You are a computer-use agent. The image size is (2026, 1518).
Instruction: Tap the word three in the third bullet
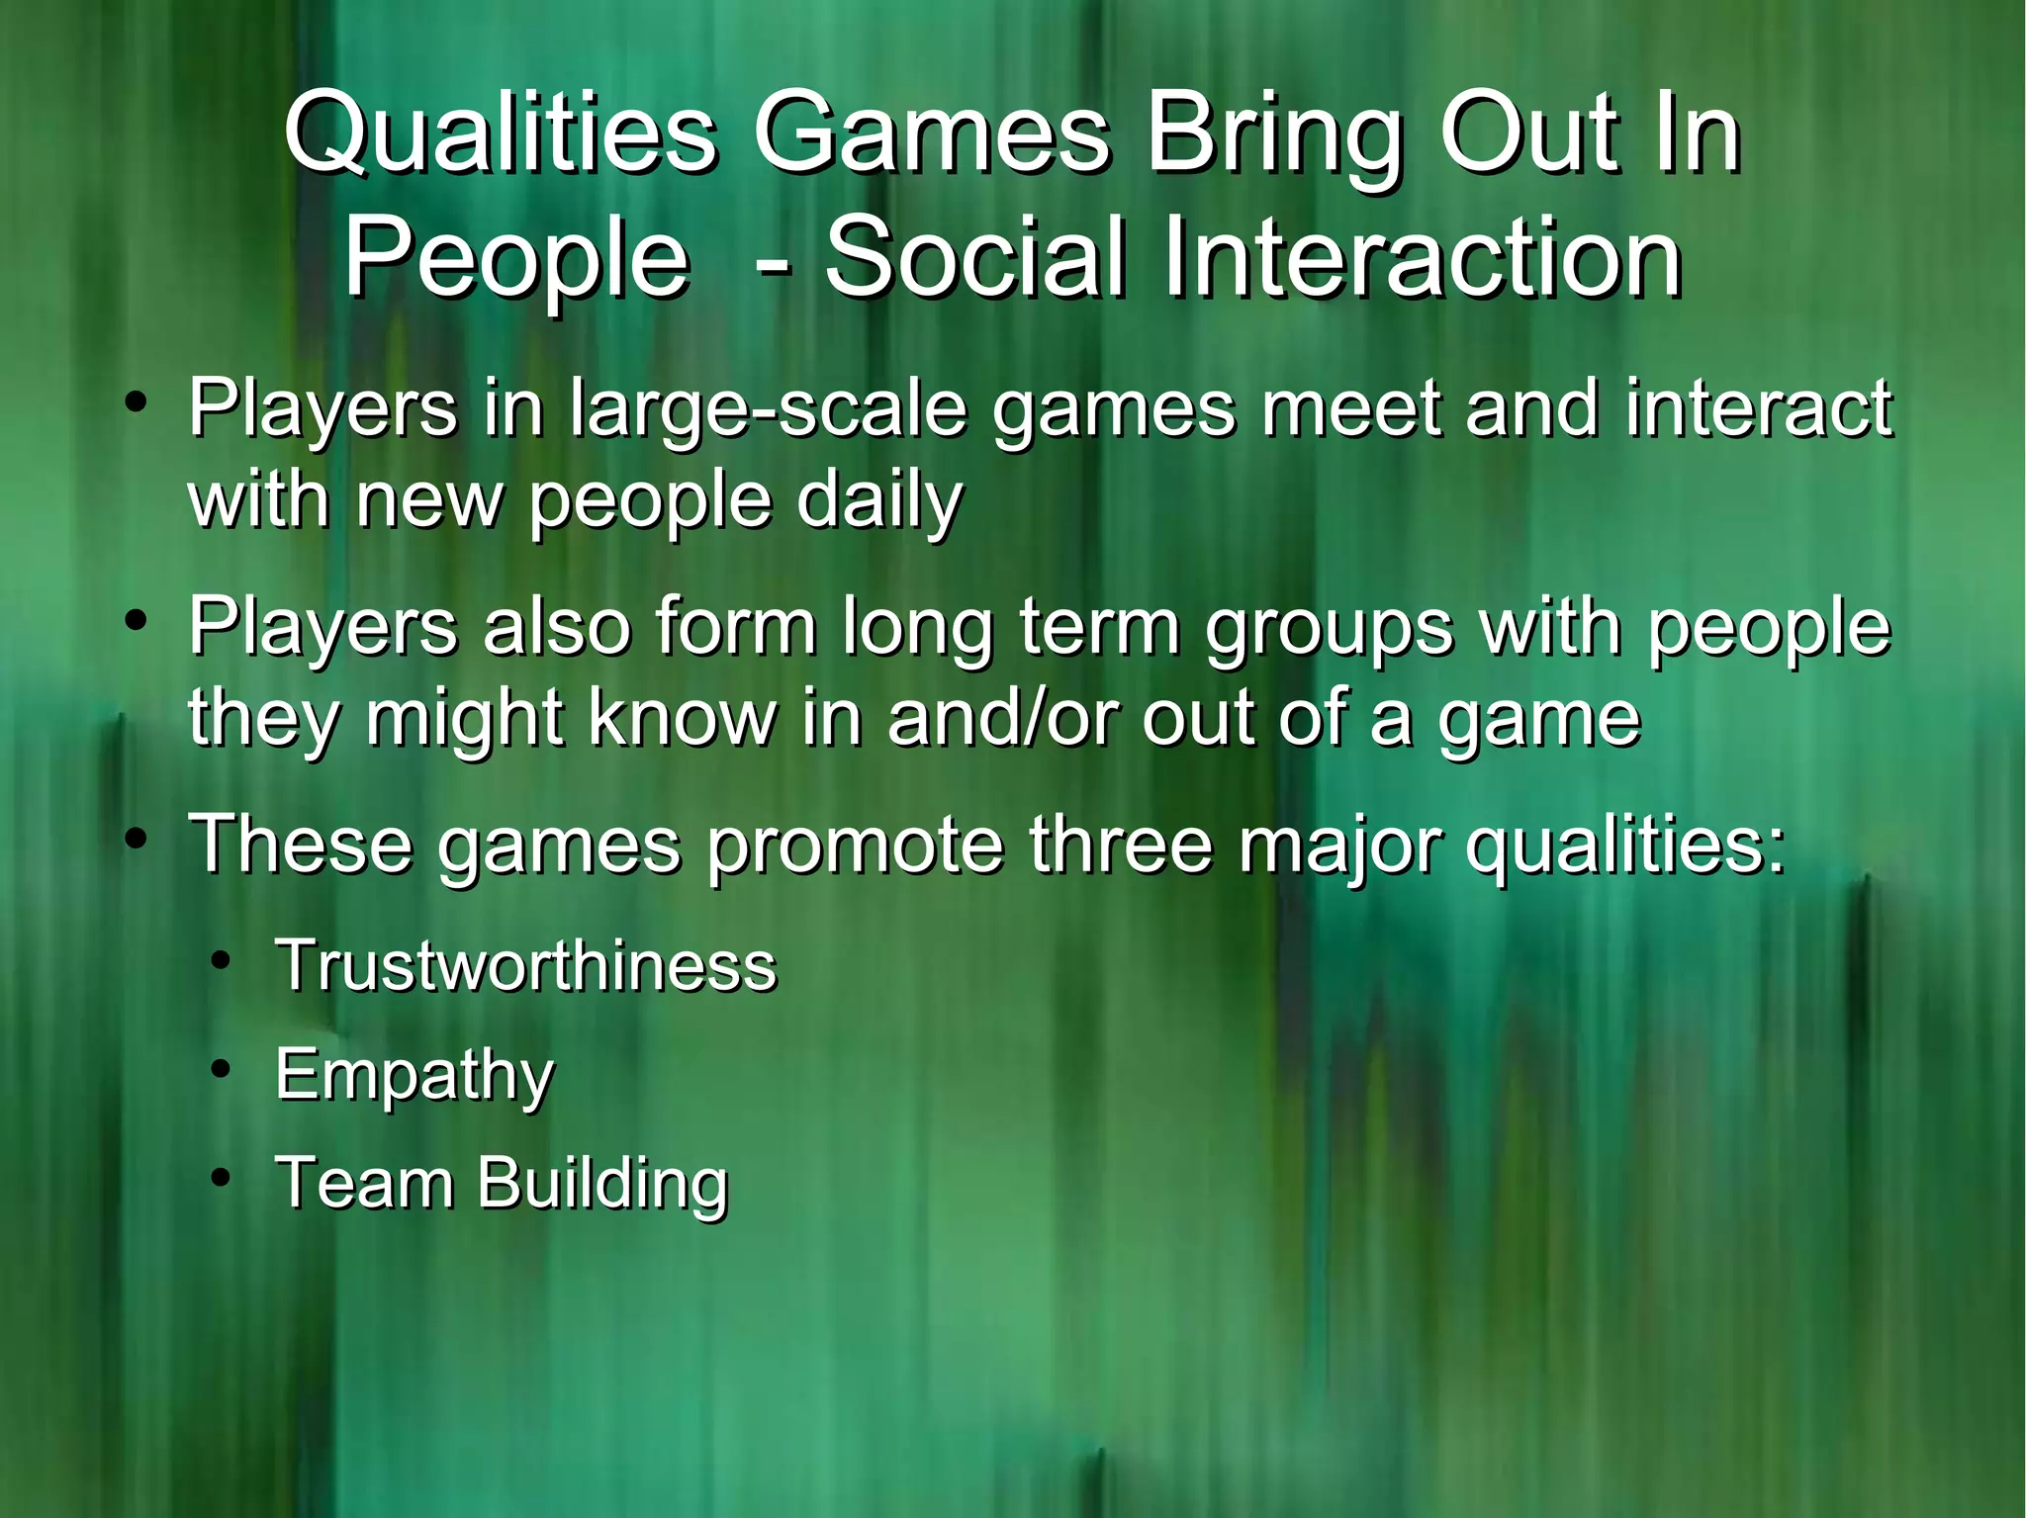[x=1120, y=844]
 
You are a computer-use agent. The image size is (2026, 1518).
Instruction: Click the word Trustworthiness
[x=526, y=965]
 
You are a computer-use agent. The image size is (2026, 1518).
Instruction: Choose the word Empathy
[x=414, y=1076]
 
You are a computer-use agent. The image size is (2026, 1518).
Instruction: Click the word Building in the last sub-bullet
[x=602, y=1184]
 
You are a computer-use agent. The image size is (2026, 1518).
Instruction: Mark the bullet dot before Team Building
[x=223, y=1177]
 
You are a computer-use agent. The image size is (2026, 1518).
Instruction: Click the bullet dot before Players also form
[x=137, y=622]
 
